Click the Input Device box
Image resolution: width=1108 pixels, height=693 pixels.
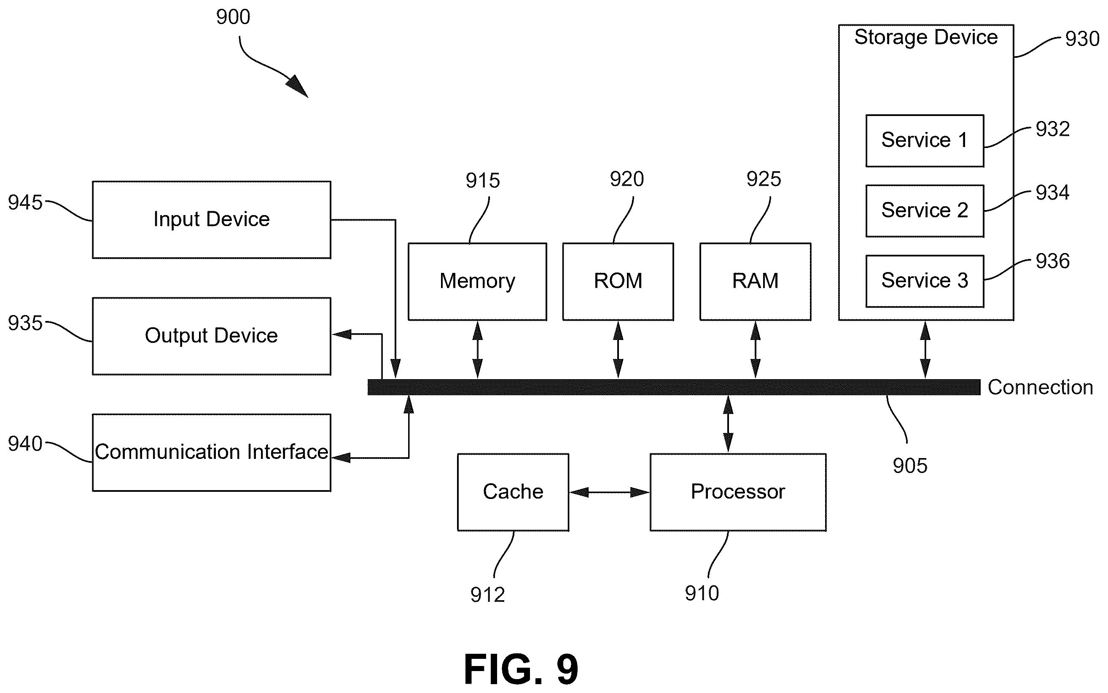pos(211,220)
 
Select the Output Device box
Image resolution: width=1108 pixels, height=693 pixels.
pos(211,336)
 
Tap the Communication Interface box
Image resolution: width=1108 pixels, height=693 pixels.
pos(211,453)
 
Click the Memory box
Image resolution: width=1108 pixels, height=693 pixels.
pos(477,281)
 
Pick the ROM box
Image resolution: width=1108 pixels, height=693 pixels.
pos(618,281)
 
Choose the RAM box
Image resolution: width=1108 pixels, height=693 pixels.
pos(755,281)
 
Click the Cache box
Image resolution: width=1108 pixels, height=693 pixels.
pos(513,492)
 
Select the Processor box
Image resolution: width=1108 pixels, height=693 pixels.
pos(738,492)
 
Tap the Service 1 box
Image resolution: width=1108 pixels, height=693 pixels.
pos(925,141)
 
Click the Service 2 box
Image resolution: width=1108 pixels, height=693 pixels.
pos(925,211)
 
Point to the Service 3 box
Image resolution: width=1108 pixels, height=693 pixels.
pos(925,281)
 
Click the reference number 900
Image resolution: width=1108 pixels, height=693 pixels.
pos(233,17)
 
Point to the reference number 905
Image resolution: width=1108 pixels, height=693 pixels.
pos(910,466)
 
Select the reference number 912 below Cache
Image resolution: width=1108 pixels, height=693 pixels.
pos(487,595)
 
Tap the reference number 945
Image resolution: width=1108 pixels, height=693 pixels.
pos(25,202)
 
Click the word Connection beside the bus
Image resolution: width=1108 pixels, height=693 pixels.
pos(1040,388)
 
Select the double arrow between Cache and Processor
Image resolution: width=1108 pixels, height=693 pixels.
pos(610,492)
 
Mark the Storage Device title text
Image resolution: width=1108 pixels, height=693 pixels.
pos(926,38)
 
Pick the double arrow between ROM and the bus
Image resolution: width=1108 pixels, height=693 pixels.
pos(618,350)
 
